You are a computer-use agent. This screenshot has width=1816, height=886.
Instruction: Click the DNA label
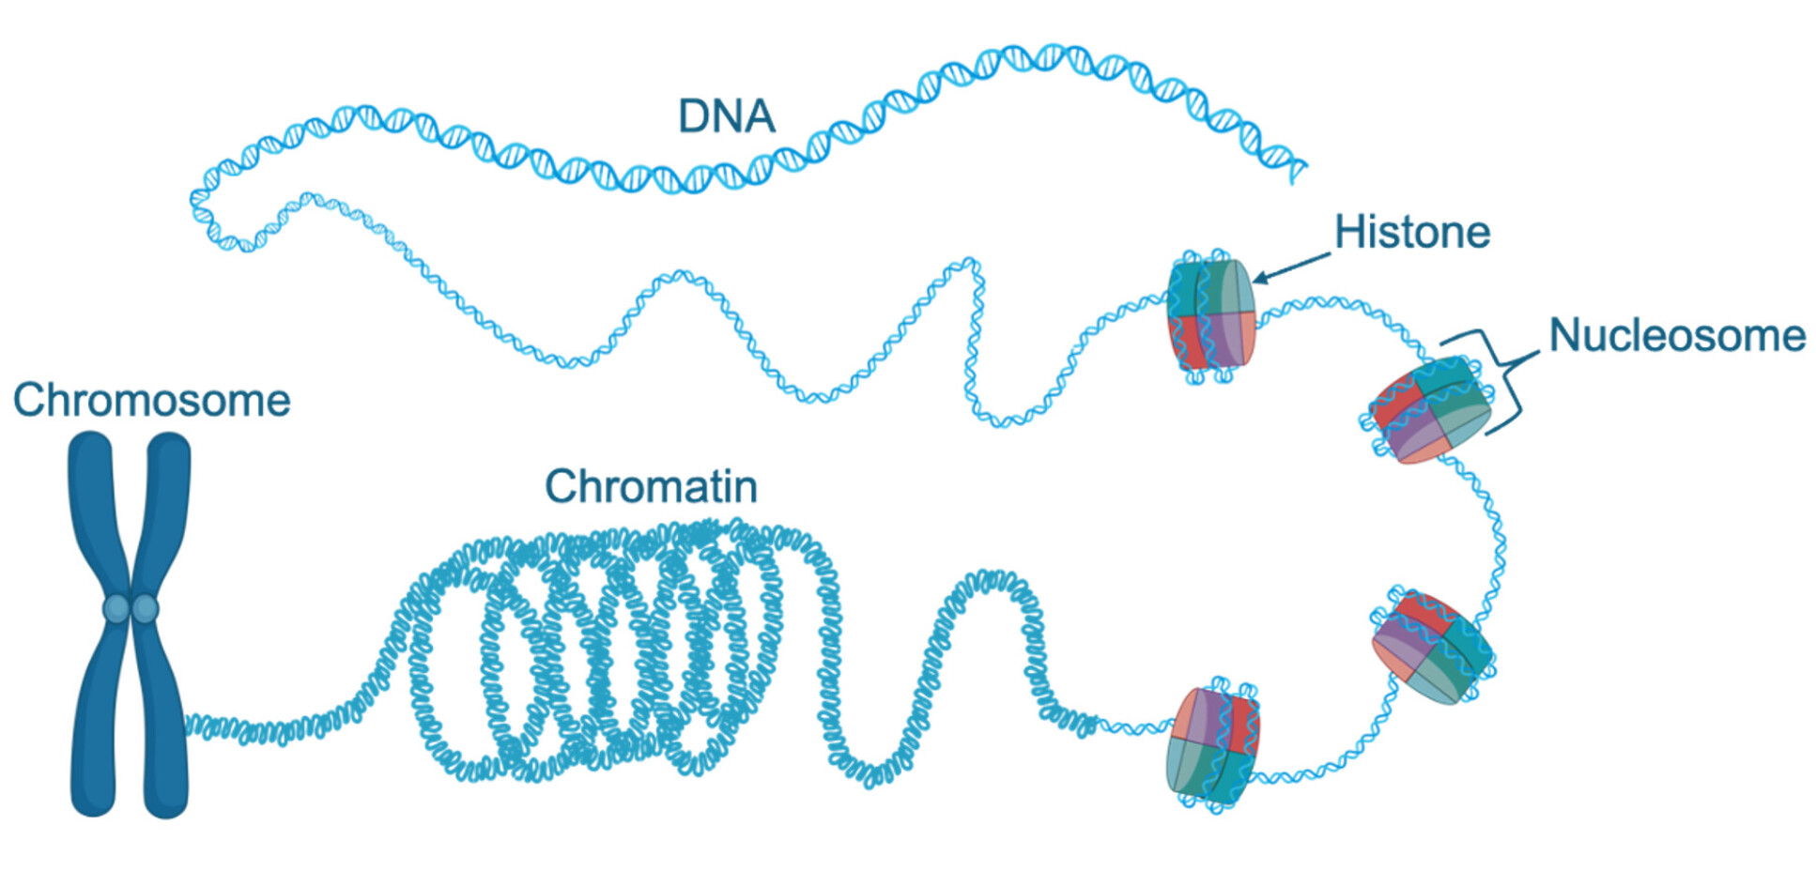pos(726,116)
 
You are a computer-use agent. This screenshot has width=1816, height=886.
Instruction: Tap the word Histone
pos(1411,232)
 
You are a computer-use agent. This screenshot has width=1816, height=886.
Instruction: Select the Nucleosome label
pos(1676,335)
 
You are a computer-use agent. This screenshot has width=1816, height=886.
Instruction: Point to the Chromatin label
pos(651,486)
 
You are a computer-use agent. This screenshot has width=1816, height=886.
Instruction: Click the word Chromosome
pos(151,400)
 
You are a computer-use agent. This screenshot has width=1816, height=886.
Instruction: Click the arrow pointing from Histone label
pos(1291,267)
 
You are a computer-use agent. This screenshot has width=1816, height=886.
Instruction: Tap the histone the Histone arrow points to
pos(1210,314)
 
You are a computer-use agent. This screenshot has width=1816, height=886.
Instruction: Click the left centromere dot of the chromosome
pos(115,608)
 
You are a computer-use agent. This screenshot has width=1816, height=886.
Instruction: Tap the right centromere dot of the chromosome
pos(146,608)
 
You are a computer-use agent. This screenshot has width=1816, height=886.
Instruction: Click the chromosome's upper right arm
pos(168,507)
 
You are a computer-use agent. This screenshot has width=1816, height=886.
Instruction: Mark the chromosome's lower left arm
pos(94,723)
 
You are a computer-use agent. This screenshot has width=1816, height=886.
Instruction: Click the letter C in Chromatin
pos(561,486)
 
